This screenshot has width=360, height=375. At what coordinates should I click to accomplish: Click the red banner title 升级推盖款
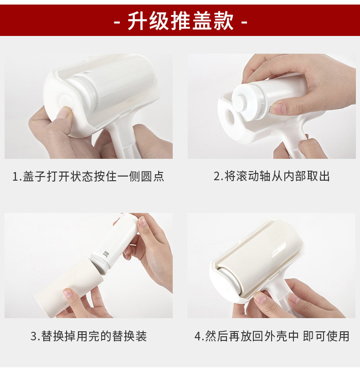click(180, 21)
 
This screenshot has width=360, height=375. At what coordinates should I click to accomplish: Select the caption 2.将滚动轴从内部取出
click(272, 176)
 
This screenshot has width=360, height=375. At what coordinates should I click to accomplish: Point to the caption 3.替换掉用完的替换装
click(88, 336)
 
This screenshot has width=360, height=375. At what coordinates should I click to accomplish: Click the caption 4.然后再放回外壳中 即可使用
click(272, 336)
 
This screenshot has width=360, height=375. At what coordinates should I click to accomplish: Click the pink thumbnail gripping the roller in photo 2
click(278, 109)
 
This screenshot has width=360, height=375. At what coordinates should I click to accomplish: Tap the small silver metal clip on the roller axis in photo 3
click(106, 253)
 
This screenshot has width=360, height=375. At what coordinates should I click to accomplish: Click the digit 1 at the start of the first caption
click(15, 177)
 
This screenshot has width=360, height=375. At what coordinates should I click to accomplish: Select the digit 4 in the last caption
click(198, 336)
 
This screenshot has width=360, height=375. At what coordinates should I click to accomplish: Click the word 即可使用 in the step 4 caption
click(326, 336)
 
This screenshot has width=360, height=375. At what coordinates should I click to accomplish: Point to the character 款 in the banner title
click(224, 21)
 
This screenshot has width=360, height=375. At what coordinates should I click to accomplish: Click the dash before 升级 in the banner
click(117, 22)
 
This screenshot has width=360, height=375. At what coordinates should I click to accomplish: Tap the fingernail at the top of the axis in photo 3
click(142, 221)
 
